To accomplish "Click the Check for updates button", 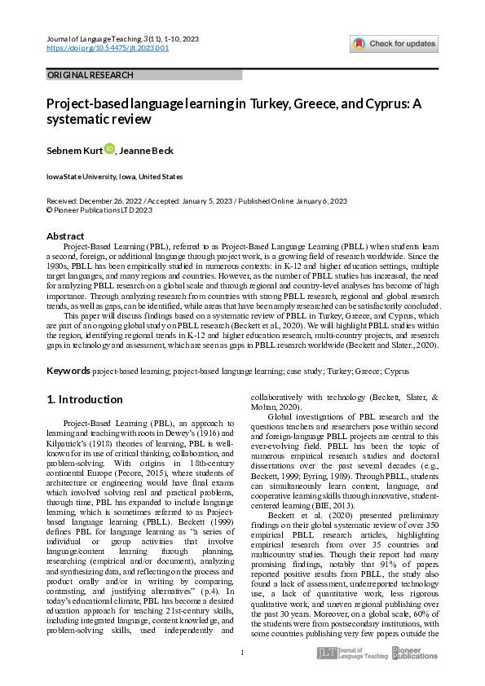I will tap(394, 43).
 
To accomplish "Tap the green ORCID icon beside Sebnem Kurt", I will tap(109, 149).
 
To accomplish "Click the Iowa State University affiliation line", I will tap(114, 177).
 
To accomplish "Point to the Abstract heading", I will tap(64, 236).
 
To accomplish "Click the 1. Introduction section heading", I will tap(85, 399).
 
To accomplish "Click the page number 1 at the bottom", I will tap(242, 653).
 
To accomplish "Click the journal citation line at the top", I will tap(119, 38).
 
